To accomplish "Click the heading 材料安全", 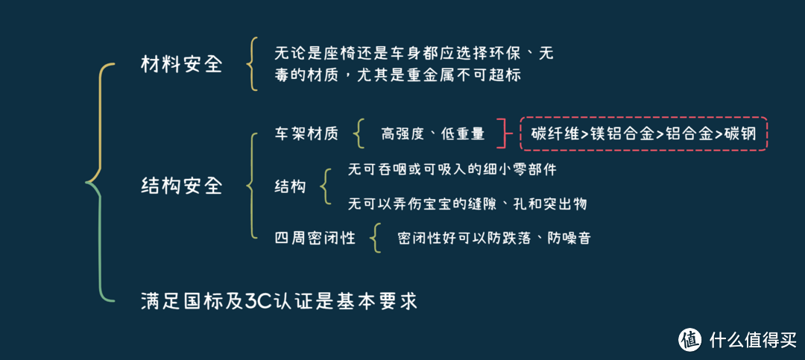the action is [182, 66].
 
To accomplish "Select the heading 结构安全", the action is [182, 186].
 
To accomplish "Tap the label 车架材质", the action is [306, 135].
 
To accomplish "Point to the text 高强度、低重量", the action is [433, 135].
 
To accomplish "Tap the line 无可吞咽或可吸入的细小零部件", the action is [452, 171].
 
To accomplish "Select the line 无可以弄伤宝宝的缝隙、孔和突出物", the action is [467, 204].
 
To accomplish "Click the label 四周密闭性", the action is [315, 239].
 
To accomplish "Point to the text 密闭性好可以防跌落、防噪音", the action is [494, 239].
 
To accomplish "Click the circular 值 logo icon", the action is [690, 338].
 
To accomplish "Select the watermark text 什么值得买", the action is [753, 339].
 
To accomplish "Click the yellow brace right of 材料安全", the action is [251, 66].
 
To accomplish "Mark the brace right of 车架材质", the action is [359, 135].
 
